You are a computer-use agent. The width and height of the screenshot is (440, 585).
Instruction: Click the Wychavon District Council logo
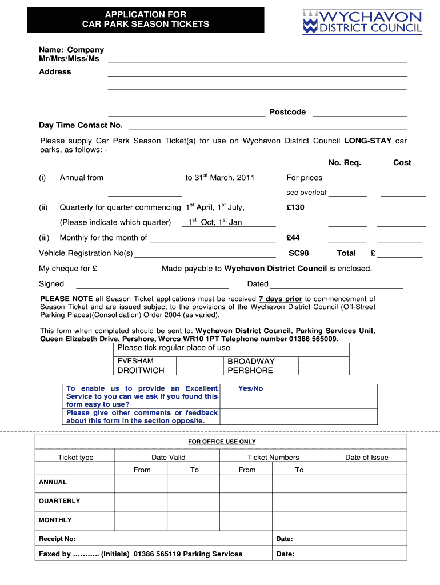[362, 22]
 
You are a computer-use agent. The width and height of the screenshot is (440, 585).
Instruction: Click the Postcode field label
[287, 112]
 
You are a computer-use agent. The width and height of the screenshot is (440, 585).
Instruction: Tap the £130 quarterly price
[295, 207]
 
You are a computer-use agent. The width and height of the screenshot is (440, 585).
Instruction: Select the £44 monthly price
[293, 238]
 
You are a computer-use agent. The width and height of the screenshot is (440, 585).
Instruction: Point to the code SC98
[298, 253]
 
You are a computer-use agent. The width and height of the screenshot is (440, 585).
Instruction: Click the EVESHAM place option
[135, 361]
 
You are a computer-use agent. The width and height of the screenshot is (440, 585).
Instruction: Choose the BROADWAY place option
[251, 361]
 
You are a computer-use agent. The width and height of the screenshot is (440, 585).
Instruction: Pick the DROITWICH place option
[141, 371]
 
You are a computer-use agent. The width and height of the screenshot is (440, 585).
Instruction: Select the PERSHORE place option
[250, 371]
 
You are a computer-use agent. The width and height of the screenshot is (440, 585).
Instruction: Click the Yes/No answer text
[250, 388]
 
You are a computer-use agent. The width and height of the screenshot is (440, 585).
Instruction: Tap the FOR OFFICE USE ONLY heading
[222, 442]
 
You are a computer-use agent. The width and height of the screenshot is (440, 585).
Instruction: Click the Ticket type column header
[75, 457]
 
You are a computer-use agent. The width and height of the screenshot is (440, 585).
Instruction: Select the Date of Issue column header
[366, 457]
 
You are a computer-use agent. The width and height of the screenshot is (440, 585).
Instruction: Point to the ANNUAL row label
[53, 482]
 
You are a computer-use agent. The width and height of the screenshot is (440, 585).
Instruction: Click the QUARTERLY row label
[59, 501]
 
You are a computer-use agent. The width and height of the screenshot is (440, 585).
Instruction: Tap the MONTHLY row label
[55, 520]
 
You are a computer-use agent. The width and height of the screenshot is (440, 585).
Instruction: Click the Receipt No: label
[57, 539]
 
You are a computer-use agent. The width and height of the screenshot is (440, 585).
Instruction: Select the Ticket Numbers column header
[273, 457]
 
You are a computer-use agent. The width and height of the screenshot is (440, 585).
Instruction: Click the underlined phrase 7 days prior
[280, 299]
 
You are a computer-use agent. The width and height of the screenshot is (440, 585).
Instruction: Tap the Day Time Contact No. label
[81, 125]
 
